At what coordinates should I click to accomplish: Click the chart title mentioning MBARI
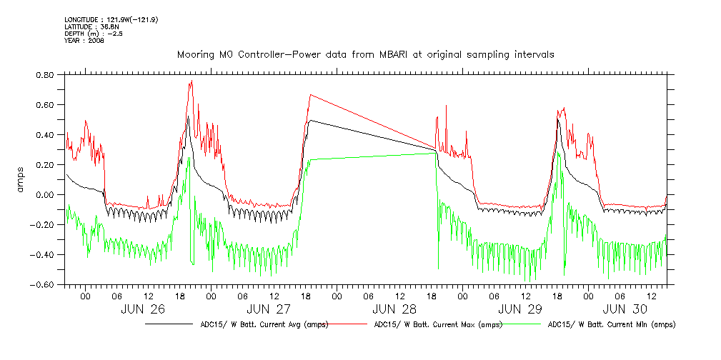click(365, 54)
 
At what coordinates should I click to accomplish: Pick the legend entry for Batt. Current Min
click(611, 324)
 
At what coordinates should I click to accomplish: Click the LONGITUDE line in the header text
click(111, 19)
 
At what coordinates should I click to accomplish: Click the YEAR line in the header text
click(84, 41)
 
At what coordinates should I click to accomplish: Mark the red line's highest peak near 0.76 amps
click(192, 81)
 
